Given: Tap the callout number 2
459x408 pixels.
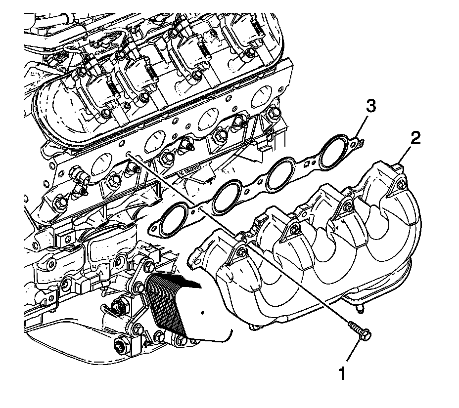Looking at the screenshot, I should [414, 138].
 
